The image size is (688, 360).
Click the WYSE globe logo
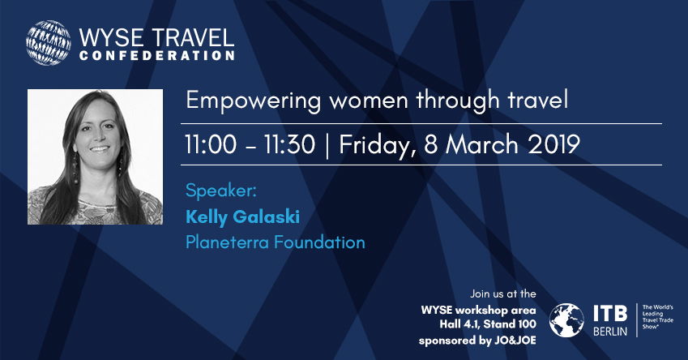tap(49, 43)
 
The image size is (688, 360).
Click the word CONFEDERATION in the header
tap(157, 56)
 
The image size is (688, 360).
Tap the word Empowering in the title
tap(254, 101)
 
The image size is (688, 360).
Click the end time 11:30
tap(289, 144)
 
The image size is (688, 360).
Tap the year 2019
tap(553, 144)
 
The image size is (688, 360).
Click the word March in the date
tap(482, 144)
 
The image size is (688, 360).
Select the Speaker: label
tap(220, 191)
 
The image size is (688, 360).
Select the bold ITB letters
tap(610, 314)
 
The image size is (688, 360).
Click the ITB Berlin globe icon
tap(567, 320)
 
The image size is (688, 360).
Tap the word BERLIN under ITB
tap(610, 331)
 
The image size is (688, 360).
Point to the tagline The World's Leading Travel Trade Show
tap(657, 317)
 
